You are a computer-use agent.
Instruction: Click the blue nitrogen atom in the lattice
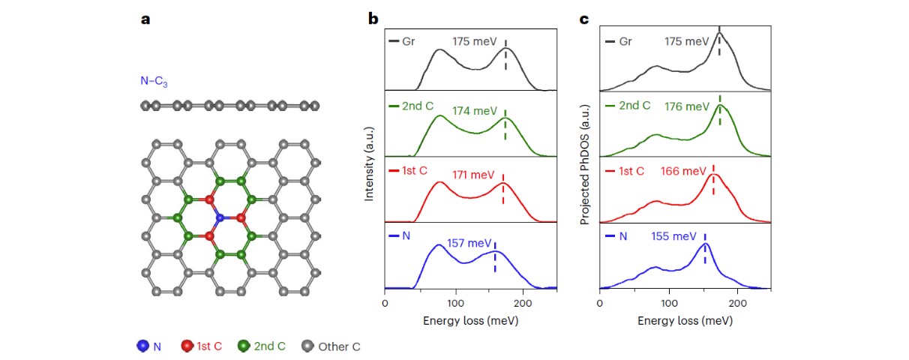coord(220,217)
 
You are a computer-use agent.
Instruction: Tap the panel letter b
coord(373,19)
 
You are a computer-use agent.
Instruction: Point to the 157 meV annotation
coord(469,243)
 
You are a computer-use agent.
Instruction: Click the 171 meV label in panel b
coord(473,175)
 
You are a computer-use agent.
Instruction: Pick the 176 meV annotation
coord(686,106)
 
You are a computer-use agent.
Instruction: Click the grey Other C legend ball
coord(307,346)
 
